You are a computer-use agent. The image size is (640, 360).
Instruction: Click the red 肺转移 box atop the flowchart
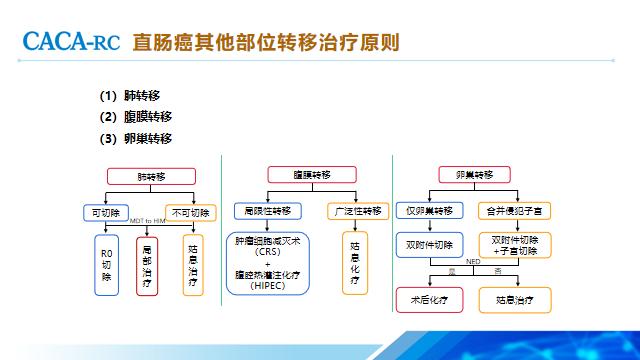click(151, 176)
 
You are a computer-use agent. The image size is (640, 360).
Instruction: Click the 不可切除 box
click(190, 212)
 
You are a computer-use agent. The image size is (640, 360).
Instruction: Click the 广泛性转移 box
click(355, 212)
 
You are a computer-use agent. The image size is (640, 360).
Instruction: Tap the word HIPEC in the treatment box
click(268, 287)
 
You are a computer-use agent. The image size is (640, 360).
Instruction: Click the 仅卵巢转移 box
click(430, 211)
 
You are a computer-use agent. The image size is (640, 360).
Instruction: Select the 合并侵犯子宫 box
click(515, 211)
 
